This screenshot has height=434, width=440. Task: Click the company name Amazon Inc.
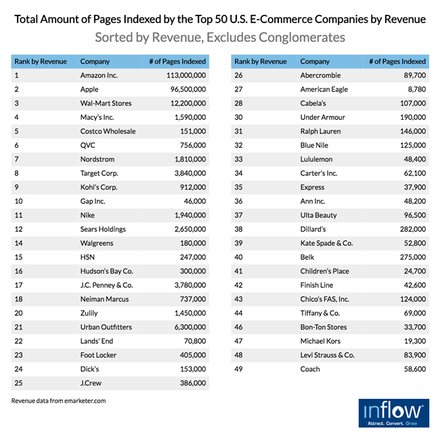(x=99, y=75)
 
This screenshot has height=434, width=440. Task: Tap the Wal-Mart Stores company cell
(x=106, y=104)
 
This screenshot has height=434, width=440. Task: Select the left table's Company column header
(x=95, y=61)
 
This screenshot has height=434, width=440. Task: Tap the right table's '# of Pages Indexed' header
(x=397, y=61)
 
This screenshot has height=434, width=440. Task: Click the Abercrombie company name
(x=320, y=75)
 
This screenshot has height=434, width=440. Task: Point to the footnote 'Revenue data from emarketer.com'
(x=59, y=401)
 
